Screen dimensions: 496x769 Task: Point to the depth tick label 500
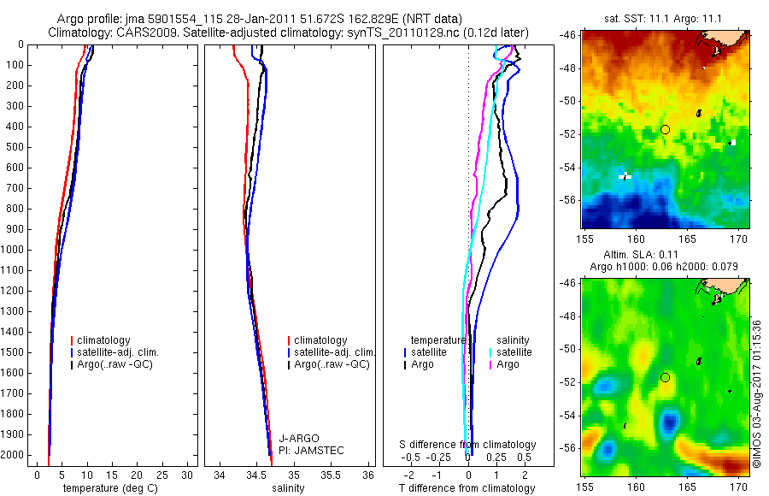(16, 147)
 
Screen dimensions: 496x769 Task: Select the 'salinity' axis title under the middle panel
(286, 488)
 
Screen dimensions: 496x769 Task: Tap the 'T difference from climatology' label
(467, 488)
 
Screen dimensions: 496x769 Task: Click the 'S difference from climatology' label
(467, 445)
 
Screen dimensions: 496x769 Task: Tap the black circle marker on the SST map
(665, 129)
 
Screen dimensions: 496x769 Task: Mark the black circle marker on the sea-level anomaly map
(665, 377)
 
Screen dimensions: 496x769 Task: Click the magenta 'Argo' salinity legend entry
(509, 364)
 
